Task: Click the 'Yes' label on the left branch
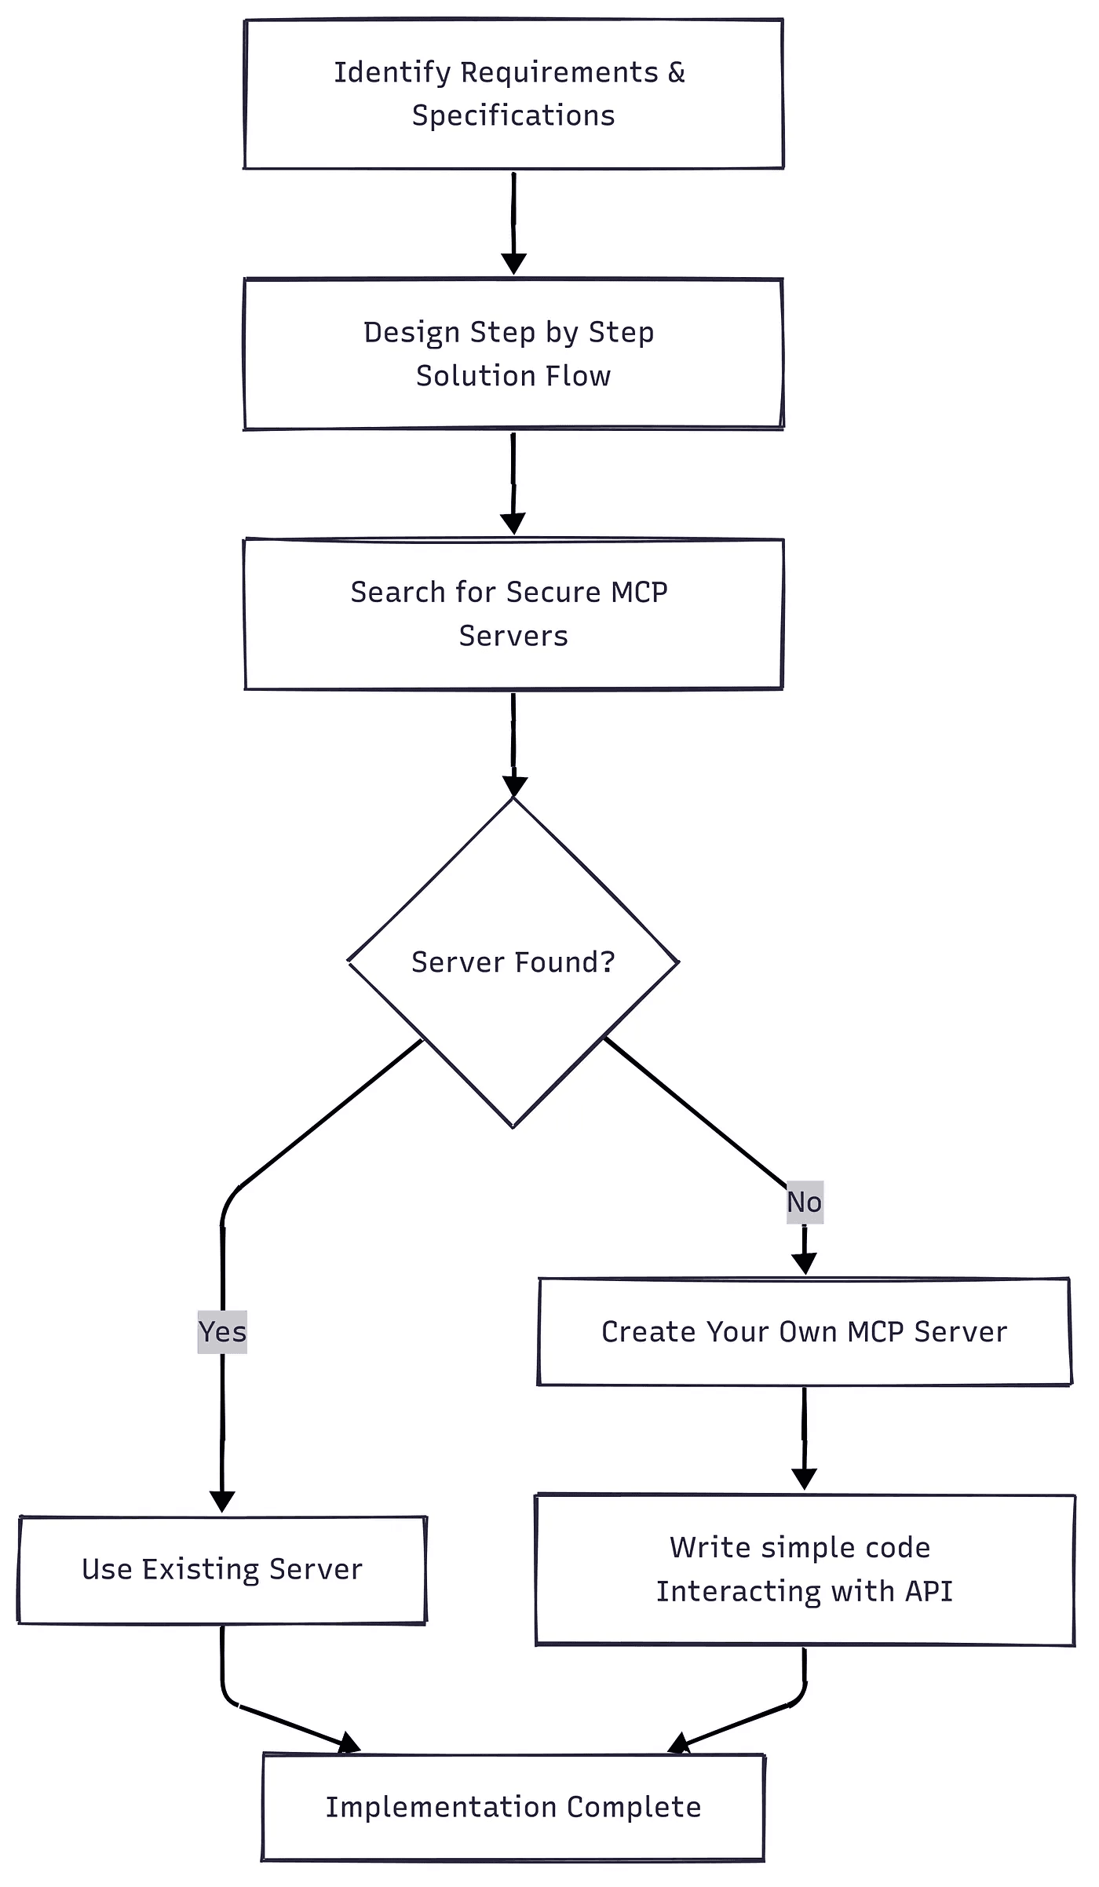[x=222, y=1331]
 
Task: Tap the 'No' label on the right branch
[x=805, y=1202]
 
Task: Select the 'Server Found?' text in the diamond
[x=513, y=962]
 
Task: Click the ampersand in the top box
[x=676, y=72]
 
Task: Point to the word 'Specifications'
[x=513, y=115]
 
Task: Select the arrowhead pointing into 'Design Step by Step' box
[x=513, y=264]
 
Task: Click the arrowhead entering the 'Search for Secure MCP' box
[x=513, y=524]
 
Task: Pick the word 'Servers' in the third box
[x=513, y=635]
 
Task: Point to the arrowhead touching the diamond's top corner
[x=514, y=787]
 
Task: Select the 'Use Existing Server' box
[x=222, y=1569]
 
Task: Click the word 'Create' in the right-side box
[x=648, y=1331]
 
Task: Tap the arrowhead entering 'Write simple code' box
[x=804, y=1479]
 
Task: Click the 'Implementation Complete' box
[x=513, y=1806]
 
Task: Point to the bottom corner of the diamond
[x=513, y=1127]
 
